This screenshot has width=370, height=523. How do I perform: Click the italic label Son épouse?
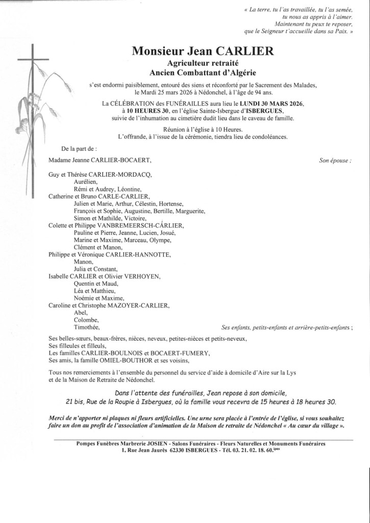pyautogui.click(x=334, y=160)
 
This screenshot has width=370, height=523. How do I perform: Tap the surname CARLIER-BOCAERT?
pyautogui.click(x=125, y=160)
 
